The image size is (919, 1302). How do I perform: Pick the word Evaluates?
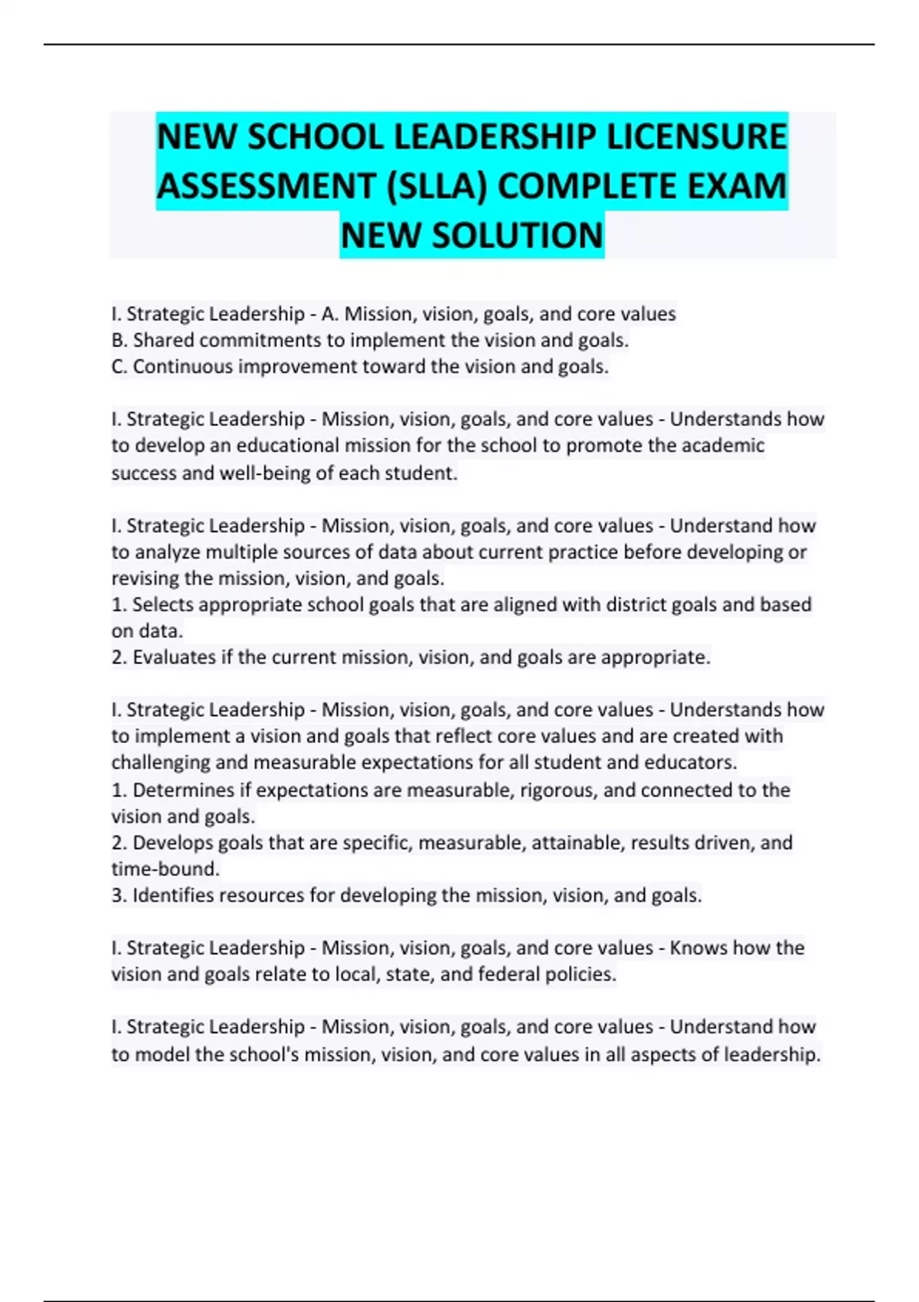coord(175,657)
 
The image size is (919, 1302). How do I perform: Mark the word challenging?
coord(161,763)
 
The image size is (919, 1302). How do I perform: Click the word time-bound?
coord(165,869)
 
